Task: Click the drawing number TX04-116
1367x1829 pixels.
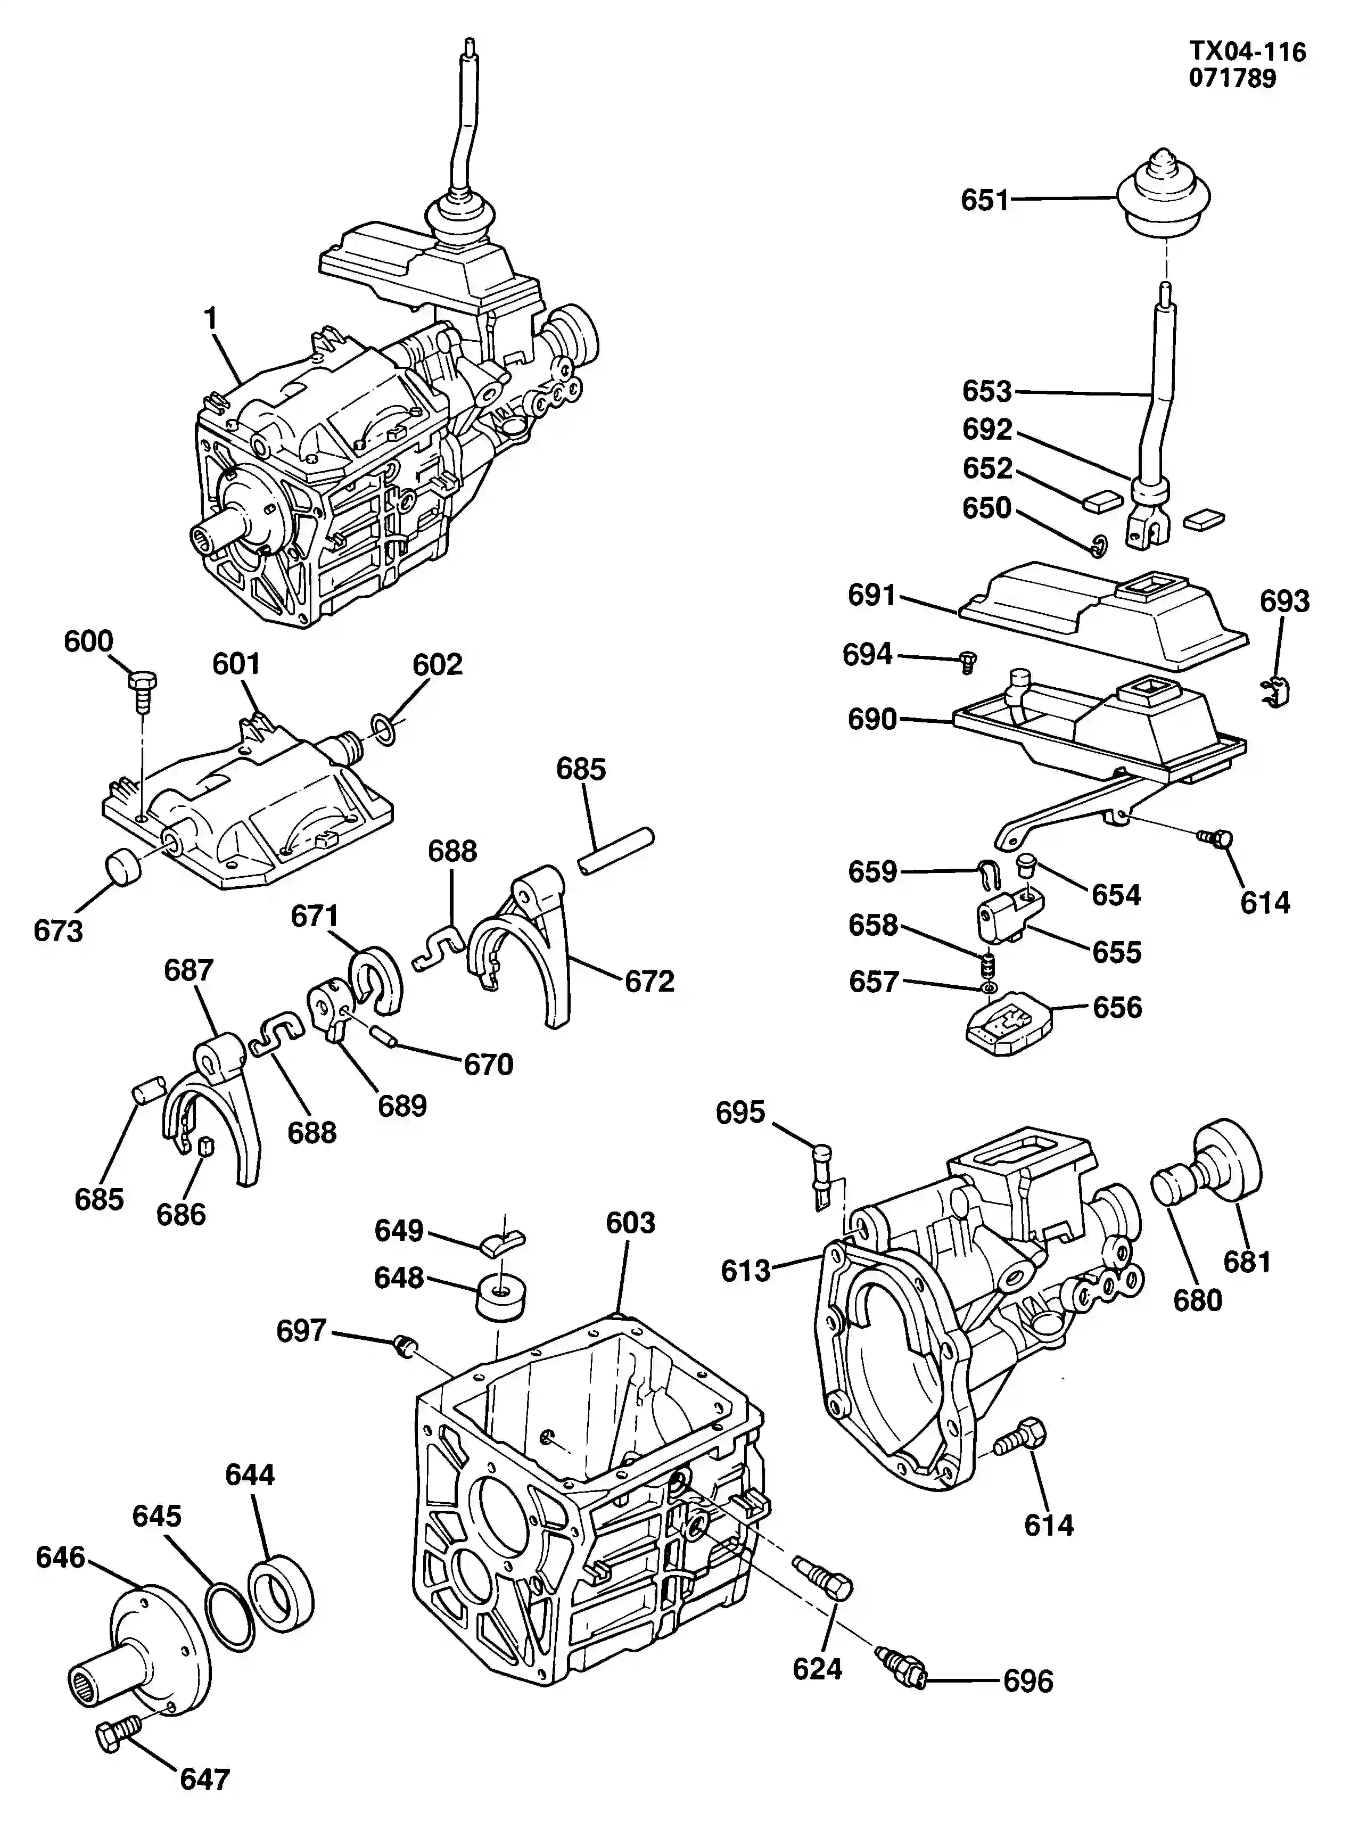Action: tap(1247, 51)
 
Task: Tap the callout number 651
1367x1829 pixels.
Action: tap(984, 200)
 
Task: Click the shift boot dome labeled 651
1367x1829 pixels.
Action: tap(1164, 192)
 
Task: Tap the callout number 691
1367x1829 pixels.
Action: tap(872, 595)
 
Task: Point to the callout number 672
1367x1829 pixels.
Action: tap(649, 982)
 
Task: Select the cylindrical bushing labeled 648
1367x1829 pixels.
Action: tap(501, 1300)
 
